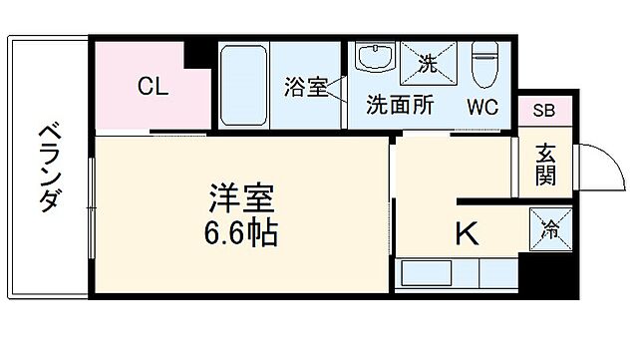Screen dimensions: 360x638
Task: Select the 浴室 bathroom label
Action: [x=305, y=87]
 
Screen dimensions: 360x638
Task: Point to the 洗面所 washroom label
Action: [x=399, y=103]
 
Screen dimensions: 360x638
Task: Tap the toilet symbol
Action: [x=486, y=65]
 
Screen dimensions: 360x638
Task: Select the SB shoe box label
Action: [x=545, y=111]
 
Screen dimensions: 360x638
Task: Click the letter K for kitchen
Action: [x=466, y=233]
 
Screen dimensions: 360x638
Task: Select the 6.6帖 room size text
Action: [x=240, y=235]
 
